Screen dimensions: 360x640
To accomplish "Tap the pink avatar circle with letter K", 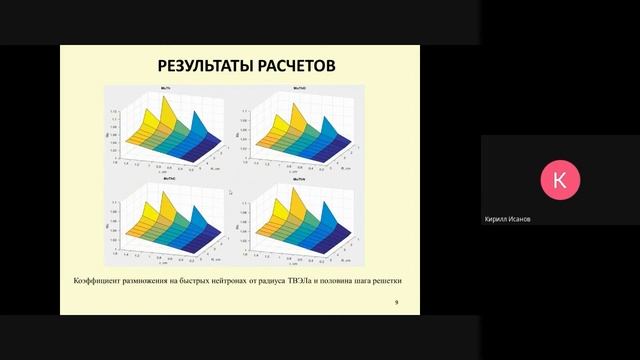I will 559,180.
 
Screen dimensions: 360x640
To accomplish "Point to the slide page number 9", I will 397,302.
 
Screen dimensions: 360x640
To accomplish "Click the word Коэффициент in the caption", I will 99,280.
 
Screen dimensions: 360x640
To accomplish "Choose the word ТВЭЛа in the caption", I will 334,280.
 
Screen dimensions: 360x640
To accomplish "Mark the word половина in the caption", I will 372,280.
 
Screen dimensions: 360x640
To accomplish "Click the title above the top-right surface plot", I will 298,89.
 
